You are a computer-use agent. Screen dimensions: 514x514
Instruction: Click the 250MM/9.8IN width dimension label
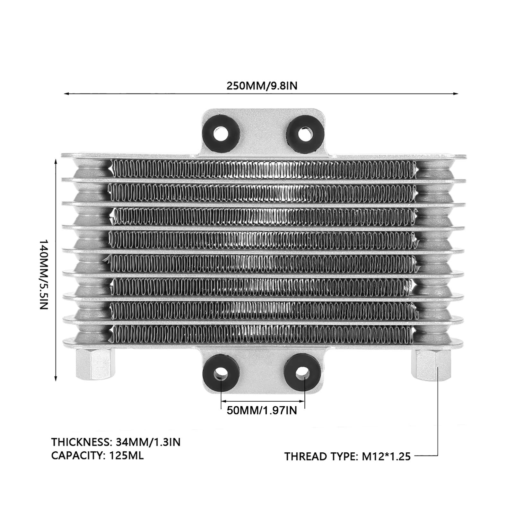262,86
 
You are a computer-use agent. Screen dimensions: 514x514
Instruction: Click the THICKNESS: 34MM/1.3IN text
116,442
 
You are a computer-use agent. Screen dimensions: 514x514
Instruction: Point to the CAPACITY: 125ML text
97,456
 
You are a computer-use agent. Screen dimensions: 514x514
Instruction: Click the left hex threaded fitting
95,365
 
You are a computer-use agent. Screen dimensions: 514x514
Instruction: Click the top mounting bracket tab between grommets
262,132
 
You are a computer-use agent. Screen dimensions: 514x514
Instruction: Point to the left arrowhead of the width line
66,94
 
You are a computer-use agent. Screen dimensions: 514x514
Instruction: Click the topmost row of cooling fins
262,169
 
